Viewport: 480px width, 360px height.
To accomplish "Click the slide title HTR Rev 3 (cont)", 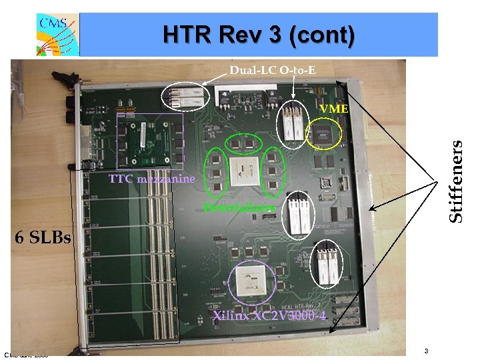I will pos(259,35).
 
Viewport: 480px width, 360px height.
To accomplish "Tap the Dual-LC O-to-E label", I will pos(272,69).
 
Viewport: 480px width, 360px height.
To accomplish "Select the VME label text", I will pos(333,108).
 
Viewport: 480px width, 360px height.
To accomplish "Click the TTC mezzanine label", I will pos(153,179).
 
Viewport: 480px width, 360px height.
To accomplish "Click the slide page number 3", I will pos(425,351).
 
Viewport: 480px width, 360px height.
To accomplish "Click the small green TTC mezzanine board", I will pos(149,141).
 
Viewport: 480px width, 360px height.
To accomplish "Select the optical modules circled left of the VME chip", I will pos(293,125).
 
